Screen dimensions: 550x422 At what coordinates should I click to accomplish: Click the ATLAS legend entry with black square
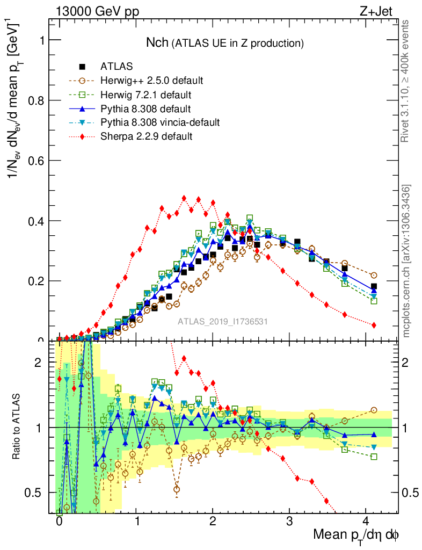point(117,67)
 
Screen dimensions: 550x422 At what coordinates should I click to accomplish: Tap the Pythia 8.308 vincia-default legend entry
point(160,122)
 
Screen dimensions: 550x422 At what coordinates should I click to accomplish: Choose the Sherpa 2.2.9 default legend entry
point(146,136)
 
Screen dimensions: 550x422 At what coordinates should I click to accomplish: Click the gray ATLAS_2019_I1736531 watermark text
point(223,322)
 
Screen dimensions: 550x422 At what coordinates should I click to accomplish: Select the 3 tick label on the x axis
point(289,521)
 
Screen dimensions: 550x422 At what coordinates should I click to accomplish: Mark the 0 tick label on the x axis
point(59,521)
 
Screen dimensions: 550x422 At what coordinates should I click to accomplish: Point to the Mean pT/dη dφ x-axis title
point(356,535)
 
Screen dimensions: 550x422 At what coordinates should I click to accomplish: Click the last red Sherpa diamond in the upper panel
point(374,325)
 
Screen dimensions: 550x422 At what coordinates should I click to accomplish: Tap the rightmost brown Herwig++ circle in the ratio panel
point(374,410)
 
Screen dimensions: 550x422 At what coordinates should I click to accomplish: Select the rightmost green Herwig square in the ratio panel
point(374,457)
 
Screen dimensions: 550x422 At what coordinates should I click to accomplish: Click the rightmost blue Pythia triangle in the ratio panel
point(374,434)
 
